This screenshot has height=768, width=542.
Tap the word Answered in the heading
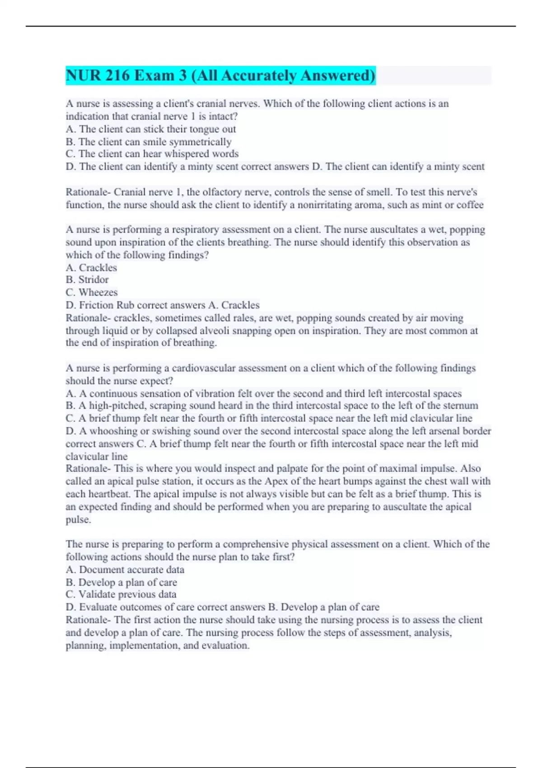[338, 75]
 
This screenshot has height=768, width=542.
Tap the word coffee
[470, 205]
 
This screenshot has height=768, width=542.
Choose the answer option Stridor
[93, 280]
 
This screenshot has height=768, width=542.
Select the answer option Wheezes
[98, 292]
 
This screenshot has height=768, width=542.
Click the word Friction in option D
[96, 305]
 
